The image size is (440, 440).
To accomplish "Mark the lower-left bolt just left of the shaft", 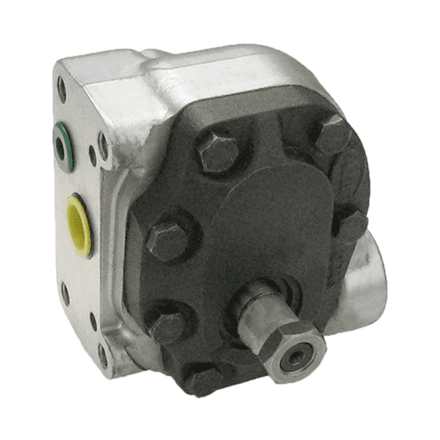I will point(169,327).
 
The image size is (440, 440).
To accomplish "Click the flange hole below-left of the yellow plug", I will point(64,293).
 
